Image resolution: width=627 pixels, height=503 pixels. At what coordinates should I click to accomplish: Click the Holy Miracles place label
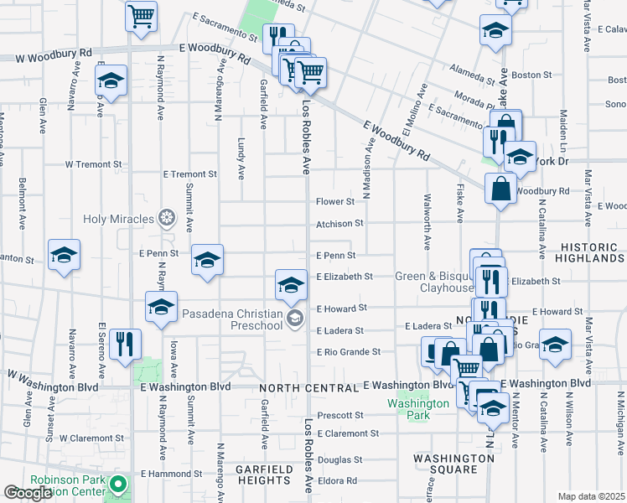(x=118, y=220)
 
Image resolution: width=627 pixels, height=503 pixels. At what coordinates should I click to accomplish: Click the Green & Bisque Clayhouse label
(x=434, y=282)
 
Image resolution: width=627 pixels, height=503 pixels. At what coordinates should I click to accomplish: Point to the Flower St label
(x=335, y=202)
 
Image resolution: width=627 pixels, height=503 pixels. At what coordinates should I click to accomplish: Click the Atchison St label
(x=339, y=224)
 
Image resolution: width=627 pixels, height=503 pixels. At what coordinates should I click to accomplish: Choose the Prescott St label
(x=339, y=415)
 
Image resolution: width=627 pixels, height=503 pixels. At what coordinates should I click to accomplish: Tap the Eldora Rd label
(x=337, y=481)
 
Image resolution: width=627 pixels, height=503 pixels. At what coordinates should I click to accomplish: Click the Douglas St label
(x=339, y=459)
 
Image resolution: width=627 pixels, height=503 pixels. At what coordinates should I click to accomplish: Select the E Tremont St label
(x=190, y=174)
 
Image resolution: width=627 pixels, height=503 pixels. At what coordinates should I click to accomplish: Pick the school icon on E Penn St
(x=207, y=259)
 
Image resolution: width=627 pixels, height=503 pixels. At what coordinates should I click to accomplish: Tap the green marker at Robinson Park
(x=119, y=485)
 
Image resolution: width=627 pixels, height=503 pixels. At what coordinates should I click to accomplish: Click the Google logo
(x=28, y=493)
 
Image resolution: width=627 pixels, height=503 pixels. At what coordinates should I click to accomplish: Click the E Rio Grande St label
(x=348, y=352)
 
